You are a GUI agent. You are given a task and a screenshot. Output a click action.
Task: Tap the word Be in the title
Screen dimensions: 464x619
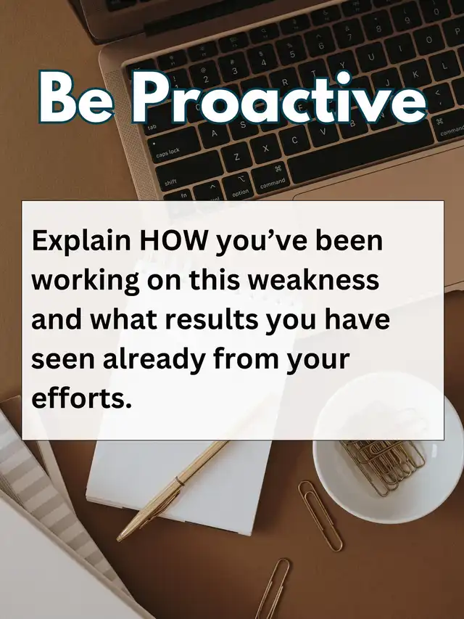tap(75, 98)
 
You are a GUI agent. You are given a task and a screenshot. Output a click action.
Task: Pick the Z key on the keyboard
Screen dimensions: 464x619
tap(237, 156)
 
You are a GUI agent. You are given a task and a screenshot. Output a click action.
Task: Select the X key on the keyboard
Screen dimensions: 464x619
tap(265, 147)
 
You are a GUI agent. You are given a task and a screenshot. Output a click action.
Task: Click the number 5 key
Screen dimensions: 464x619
tap(291, 52)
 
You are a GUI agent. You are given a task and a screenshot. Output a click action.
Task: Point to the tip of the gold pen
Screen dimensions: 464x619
tap(118, 540)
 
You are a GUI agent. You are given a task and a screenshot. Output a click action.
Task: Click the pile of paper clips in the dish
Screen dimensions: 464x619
tap(383, 466)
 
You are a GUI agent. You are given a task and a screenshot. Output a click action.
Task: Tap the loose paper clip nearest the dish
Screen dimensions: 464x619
tap(320, 515)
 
